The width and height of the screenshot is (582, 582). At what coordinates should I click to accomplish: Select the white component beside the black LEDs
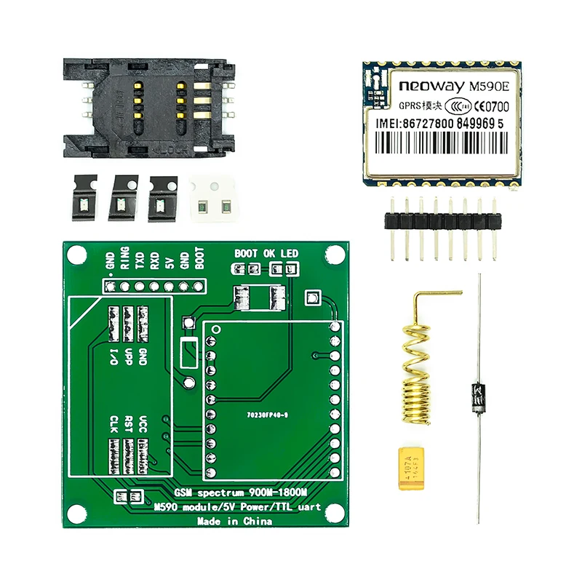coord(212,197)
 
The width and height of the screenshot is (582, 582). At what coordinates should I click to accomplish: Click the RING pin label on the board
coord(125,258)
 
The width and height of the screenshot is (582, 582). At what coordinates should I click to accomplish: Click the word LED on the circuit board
coord(290,253)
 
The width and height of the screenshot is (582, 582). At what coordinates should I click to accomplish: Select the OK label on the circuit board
coord(269,253)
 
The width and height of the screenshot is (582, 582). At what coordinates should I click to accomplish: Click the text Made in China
coord(235,522)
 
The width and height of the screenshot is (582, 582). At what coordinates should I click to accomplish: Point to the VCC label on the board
coord(143,423)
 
